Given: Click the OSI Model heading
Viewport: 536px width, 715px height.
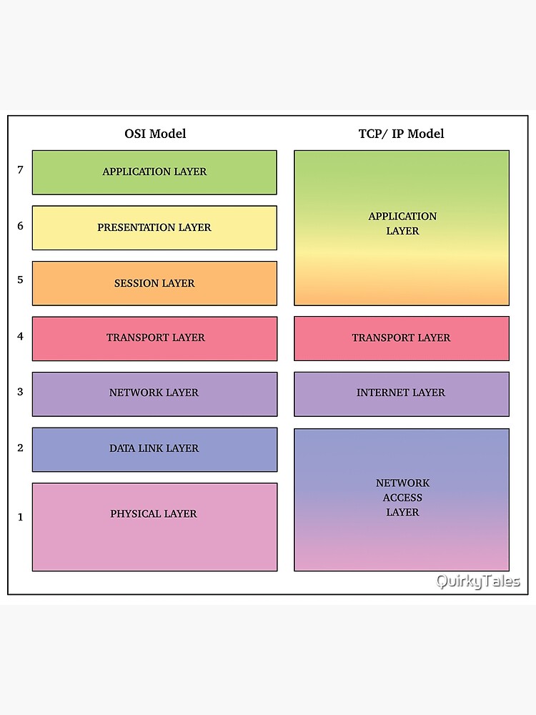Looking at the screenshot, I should [155, 134].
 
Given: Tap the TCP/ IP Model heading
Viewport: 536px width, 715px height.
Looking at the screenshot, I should [401, 134].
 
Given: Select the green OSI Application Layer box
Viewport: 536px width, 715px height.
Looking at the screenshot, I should [154, 172].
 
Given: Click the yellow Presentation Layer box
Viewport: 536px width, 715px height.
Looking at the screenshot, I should [154, 228].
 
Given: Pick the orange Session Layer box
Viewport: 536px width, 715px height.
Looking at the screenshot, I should [154, 283].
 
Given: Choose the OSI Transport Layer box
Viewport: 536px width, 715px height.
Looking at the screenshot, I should [154, 338].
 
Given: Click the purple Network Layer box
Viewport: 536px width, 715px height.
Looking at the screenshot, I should [154, 393].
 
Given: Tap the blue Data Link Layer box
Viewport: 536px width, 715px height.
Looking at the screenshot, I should [154, 449].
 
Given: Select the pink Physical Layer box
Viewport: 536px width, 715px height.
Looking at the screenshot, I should [154, 527].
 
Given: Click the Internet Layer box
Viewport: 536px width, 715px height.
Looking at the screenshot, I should [402, 393].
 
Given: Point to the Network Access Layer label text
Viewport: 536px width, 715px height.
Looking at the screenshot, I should [402, 498].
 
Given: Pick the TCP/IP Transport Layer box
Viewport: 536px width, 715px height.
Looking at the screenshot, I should [402, 338].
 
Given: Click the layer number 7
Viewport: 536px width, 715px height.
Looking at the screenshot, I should [20, 170].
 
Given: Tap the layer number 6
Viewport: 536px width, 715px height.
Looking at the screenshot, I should [20, 226].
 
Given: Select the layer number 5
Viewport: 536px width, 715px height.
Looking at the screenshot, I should [20, 280].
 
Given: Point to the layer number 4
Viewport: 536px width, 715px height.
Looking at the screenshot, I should [20, 336].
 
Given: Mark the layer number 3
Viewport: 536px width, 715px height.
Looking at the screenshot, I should [20, 392].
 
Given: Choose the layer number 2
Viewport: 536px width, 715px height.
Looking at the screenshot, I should [20, 448].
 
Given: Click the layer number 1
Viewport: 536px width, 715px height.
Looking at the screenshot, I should [20, 517].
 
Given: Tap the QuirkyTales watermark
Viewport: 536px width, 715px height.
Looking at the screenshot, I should [478, 581].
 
